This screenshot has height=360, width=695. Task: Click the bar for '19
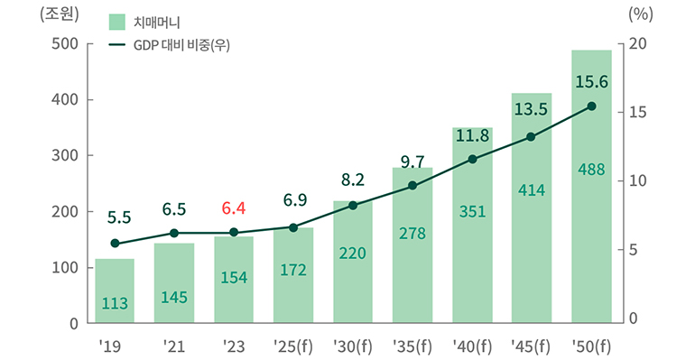click(x=115, y=291)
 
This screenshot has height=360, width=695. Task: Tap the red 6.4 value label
click(x=234, y=209)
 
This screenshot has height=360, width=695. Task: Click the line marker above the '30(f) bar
click(x=353, y=206)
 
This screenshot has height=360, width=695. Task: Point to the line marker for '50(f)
click(x=591, y=106)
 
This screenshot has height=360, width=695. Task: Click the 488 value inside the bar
click(x=591, y=169)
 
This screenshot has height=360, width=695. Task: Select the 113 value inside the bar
click(x=115, y=304)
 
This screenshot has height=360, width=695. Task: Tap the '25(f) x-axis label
click(x=293, y=346)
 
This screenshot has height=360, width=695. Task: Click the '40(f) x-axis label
click(x=472, y=346)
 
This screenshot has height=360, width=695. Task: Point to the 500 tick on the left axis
click(x=67, y=43)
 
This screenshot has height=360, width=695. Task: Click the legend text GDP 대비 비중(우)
click(x=181, y=45)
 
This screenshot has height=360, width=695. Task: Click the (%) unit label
click(x=637, y=15)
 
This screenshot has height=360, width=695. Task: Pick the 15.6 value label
click(x=591, y=82)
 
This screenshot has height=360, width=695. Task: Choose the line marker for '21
click(x=174, y=233)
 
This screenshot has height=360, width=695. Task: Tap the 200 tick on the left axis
click(x=67, y=211)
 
